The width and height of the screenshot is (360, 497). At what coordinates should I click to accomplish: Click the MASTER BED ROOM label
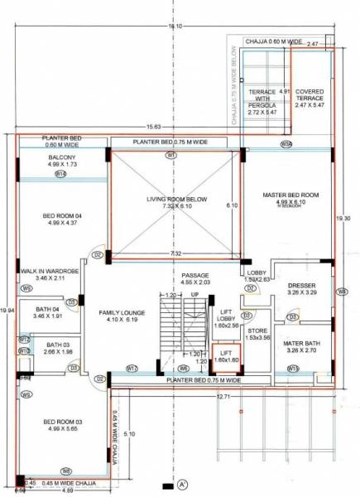[x=285, y=195]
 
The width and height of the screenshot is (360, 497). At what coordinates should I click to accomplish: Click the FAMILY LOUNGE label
[x=122, y=312]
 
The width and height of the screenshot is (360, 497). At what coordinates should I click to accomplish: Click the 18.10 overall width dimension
[x=175, y=27]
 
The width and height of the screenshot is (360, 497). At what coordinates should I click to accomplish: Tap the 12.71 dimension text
[x=222, y=398]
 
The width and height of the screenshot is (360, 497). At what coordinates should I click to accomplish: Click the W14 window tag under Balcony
[x=60, y=175]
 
